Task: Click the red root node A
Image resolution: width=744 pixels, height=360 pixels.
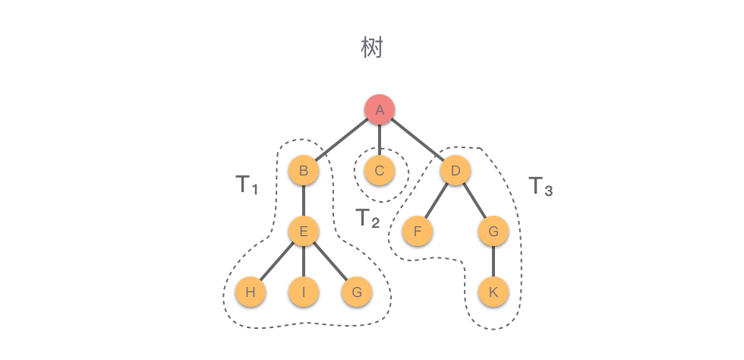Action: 380,110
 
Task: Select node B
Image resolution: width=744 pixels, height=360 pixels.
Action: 304,171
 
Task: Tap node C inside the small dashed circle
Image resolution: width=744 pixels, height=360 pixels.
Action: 380,171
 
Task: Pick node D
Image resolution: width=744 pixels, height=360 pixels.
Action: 456,171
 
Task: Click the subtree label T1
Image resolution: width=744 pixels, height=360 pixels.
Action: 246,185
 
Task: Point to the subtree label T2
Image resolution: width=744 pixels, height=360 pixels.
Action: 367,219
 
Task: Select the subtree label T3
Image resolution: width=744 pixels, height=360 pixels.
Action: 540,186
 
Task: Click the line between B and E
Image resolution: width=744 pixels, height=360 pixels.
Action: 304,201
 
